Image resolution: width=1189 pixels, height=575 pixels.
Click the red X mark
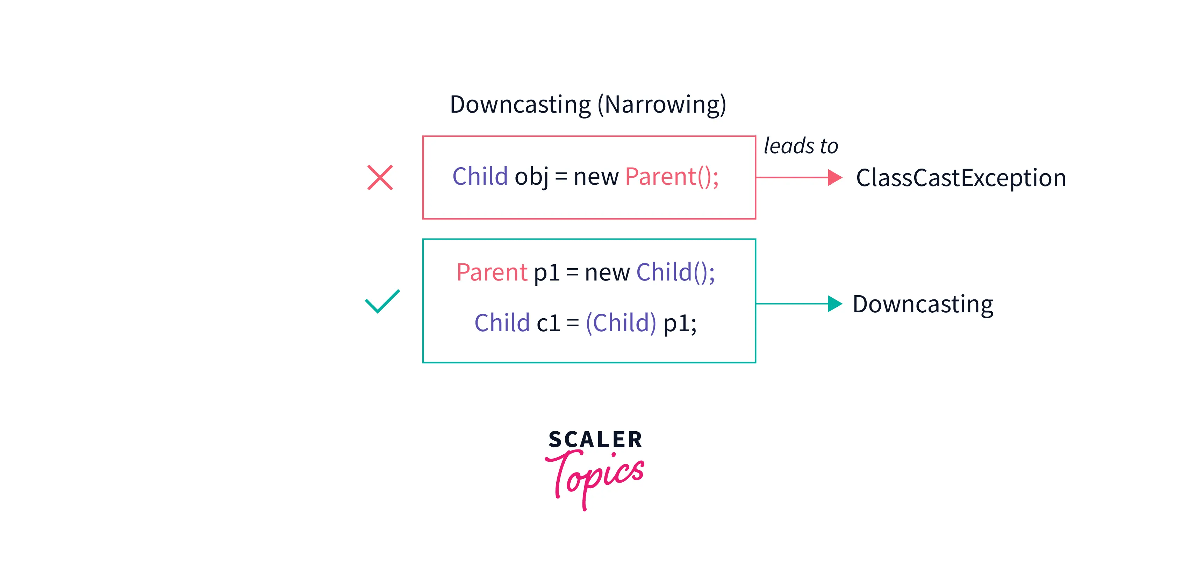[380, 178]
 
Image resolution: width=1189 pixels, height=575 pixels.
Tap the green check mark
[382, 301]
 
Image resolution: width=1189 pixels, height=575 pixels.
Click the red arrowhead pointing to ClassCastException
[835, 177]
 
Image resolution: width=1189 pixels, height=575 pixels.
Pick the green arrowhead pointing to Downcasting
[835, 304]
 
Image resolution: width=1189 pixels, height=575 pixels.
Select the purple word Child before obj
[480, 176]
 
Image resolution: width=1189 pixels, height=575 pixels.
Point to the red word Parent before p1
[492, 272]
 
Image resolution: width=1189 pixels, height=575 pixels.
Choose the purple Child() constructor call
[675, 272]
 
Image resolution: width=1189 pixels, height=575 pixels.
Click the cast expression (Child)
[621, 322]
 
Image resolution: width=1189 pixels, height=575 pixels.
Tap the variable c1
[548, 323]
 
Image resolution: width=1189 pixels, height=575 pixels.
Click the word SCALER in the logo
[595, 439]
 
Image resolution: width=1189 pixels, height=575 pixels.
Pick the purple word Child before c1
[502, 322]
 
